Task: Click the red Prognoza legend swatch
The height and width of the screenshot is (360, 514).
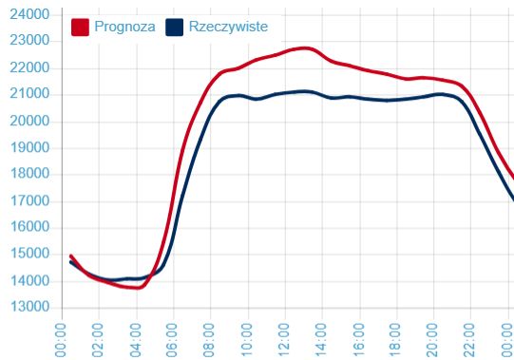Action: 81,27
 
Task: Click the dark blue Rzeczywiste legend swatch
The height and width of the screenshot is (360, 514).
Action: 175,27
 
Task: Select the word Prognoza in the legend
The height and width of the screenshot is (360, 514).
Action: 124,27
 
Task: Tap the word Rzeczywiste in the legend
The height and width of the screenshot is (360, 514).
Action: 227,27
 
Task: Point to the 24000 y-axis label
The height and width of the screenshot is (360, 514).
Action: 29,15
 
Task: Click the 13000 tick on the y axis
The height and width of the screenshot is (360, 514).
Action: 29,308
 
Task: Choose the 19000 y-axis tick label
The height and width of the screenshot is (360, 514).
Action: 29,148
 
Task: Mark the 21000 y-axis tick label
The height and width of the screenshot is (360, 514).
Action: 29,95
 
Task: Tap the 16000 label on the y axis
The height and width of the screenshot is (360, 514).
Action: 29,228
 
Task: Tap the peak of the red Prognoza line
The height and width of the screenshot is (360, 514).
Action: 304,47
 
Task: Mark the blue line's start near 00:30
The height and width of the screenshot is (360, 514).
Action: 70,261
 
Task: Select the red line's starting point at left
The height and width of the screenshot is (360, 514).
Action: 71,256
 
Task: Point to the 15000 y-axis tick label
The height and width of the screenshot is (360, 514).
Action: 29,255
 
